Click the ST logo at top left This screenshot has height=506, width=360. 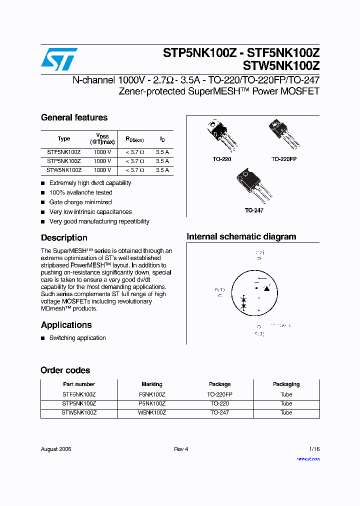coord(59,59)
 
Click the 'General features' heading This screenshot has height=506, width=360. coord(74,118)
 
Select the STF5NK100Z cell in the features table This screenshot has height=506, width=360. coord(64,152)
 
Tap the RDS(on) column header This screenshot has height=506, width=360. coord(134,139)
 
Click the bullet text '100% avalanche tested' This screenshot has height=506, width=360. coord(80,192)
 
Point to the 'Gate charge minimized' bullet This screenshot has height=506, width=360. coord(80,202)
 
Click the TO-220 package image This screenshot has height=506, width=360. coord(221,135)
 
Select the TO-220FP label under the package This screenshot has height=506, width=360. coord(284,158)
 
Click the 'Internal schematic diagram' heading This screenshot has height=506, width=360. coord(241,237)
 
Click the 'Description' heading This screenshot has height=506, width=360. coord(64,238)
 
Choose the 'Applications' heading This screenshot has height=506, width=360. coord(66,325)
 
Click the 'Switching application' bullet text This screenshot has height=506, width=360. coord(77,338)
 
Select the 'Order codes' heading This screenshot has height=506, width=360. coord(65,370)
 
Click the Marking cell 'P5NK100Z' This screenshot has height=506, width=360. coord(152,403)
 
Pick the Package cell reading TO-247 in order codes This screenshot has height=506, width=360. coord(219,413)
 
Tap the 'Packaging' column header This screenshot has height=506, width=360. coord(286,384)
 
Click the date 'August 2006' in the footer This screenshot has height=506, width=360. coord(56,449)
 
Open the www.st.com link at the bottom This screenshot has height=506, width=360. coord(308,458)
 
